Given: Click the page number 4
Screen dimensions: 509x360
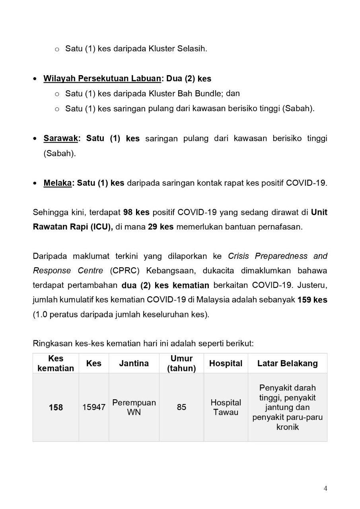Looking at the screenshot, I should pyautogui.click(x=325, y=489).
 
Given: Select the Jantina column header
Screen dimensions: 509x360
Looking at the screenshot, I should pyautogui.click(x=134, y=363).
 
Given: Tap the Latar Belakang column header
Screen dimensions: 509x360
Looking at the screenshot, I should pyautogui.click(x=287, y=363).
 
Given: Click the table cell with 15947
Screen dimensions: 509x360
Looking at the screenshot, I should pyautogui.click(x=94, y=407).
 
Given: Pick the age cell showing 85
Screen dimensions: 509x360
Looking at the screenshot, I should pyautogui.click(x=181, y=407).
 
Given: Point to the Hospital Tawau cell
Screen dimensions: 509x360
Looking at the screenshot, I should pyautogui.click(x=226, y=407).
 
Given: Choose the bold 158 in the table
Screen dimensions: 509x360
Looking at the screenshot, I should pyautogui.click(x=56, y=408).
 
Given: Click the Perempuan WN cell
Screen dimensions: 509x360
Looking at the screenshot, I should pyautogui.click(x=134, y=407).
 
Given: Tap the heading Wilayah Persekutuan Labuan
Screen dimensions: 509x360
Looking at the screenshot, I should pyautogui.click(x=102, y=79).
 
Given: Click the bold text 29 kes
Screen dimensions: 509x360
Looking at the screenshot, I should pyautogui.click(x=161, y=227).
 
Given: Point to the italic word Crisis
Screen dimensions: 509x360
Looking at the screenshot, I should pyautogui.click(x=240, y=256).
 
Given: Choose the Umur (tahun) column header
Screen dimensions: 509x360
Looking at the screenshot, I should pyautogui.click(x=181, y=363).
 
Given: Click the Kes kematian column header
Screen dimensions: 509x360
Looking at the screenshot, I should pyautogui.click(x=56, y=363).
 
